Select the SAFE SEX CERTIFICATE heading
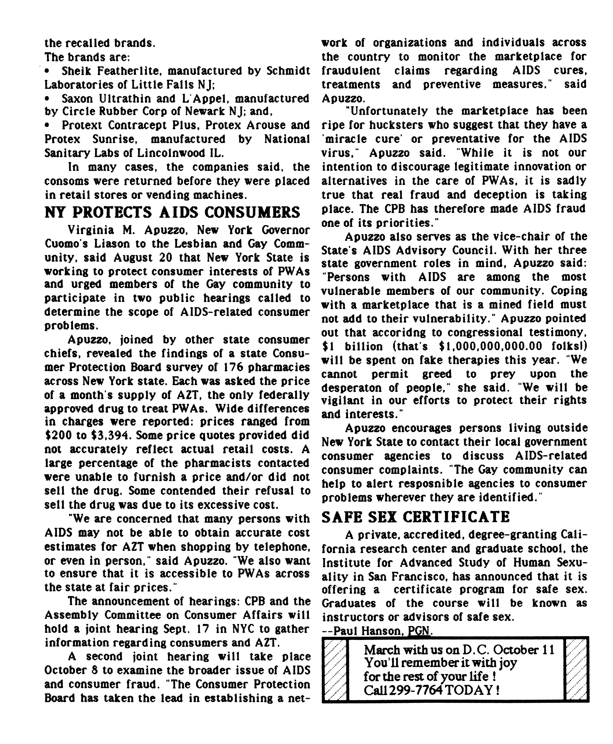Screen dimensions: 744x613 (x=416, y=517)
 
